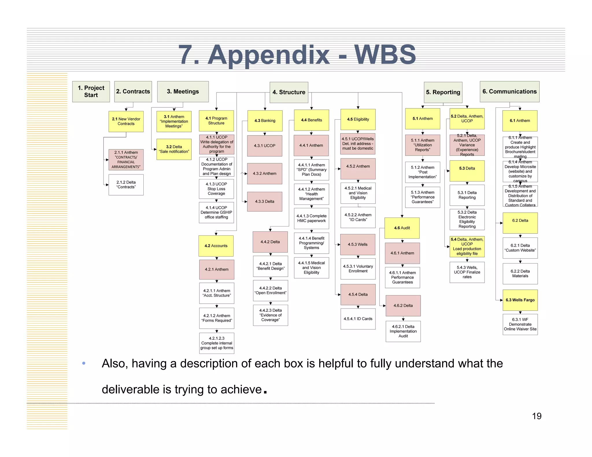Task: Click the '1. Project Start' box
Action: (x=91, y=92)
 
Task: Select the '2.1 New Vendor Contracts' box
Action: (x=126, y=121)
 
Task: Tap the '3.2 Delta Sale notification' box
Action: (x=174, y=149)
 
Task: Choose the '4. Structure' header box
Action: (x=289, y=92)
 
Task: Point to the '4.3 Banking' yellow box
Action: (x=265, y=121)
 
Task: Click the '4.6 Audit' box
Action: (x=402, y=228)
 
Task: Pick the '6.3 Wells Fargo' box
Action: (x=520, y=300)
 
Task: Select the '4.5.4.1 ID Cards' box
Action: (x=358, y=319)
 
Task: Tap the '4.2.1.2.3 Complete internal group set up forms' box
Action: (x=217, y=343)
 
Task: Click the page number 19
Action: (x=536, y=416)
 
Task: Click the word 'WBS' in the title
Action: (x=385, y=55)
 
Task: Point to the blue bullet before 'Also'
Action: (x=84, y=363)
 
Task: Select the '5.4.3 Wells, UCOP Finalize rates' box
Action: (x=467, y=272)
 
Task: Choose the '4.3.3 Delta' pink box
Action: (x=264, y=202)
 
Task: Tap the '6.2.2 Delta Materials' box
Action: (x=520, y=274)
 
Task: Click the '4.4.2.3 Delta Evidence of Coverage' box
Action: (x=270, y=315)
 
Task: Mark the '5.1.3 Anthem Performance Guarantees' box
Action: (x=422, y=197)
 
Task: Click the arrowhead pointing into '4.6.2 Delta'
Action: (x=384, y=306)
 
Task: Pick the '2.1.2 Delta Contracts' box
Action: (x=126, y=185)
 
